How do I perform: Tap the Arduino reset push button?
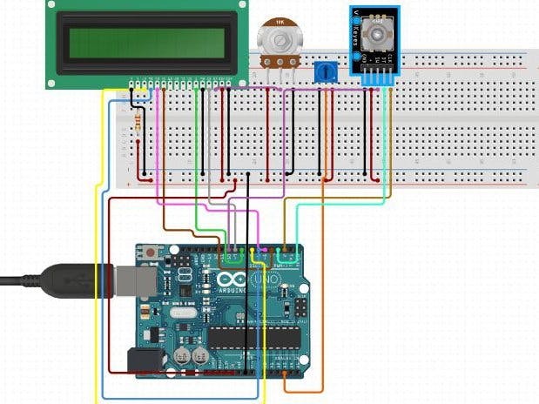click(x=152, y=252)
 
